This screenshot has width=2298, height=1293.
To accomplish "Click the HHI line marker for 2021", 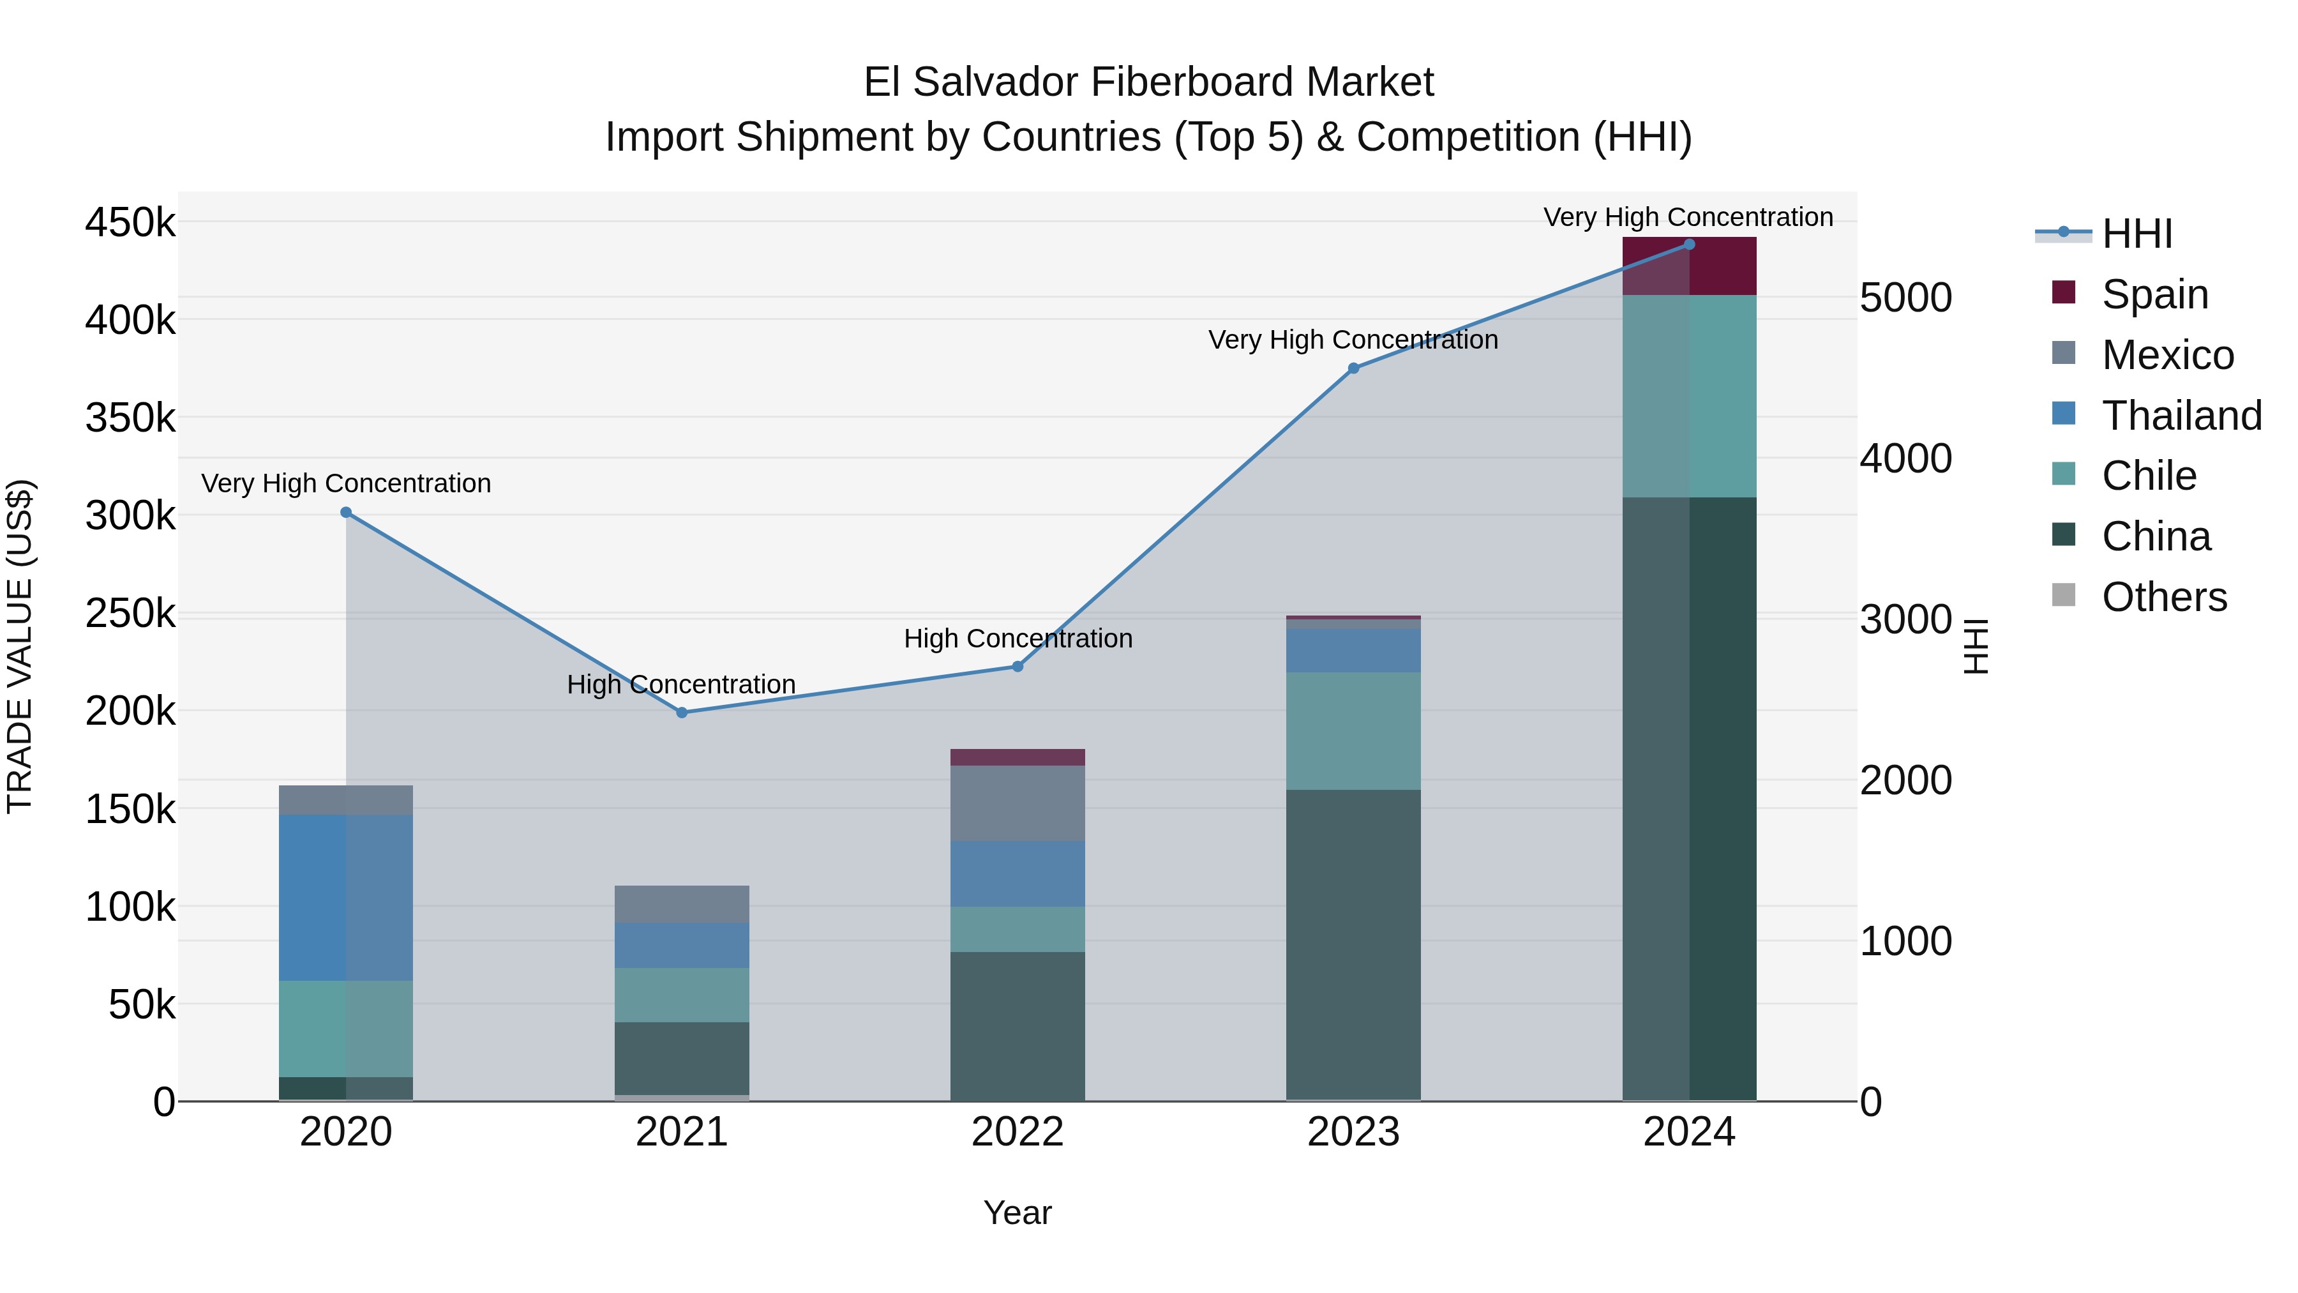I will pyautogui.click(x=682, y=712).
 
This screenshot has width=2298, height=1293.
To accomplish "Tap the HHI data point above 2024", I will pyautogui.click(x=1688, y=245).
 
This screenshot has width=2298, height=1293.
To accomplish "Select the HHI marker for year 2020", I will pyautogui.click(x=346, y=512).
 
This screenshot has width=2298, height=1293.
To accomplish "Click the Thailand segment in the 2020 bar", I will pyautogui.click(x=346, y=897).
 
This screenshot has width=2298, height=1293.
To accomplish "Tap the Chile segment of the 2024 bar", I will pyautogui.click(x=1688, y=396).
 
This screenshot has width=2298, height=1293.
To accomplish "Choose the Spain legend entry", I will pyautogui.click(x=2154, y=294).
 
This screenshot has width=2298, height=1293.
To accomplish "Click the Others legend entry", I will pyautogui.click(x=2163, y=597).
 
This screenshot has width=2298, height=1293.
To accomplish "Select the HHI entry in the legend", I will pyautogui.click(x=2136, y=234).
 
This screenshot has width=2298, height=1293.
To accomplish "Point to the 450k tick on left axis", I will pyautogui.click(x=130, y=222).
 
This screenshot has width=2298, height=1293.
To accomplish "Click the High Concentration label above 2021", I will pyautogui.click(x=682, y=684).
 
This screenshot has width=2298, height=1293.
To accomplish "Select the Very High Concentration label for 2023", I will pyautogui.click(x=1353, y=340).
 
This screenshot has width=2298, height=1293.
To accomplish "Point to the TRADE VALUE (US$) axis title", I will pyautogui.click(x=20, y=646).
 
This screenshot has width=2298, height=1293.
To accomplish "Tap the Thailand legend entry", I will pyautogui.click(x=2181, y=416).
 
